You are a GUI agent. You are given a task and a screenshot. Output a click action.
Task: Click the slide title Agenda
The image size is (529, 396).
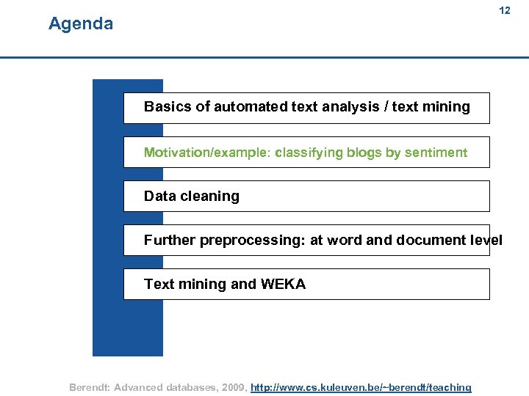coord(81,24)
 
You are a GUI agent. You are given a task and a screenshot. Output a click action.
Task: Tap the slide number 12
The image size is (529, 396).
coord(505,11)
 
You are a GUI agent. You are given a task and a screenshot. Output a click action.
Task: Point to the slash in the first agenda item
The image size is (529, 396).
coord(386,107)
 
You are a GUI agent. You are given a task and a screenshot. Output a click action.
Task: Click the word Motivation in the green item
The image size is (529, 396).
coord(177,153)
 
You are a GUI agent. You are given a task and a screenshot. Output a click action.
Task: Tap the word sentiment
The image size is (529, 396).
coord(436,153)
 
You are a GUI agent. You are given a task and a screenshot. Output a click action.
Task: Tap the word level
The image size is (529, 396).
coord(486,241)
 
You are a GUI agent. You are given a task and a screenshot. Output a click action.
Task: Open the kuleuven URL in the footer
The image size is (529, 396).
coord(361,387)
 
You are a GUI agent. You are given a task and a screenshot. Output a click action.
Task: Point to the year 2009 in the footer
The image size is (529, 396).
coord(231,387)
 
